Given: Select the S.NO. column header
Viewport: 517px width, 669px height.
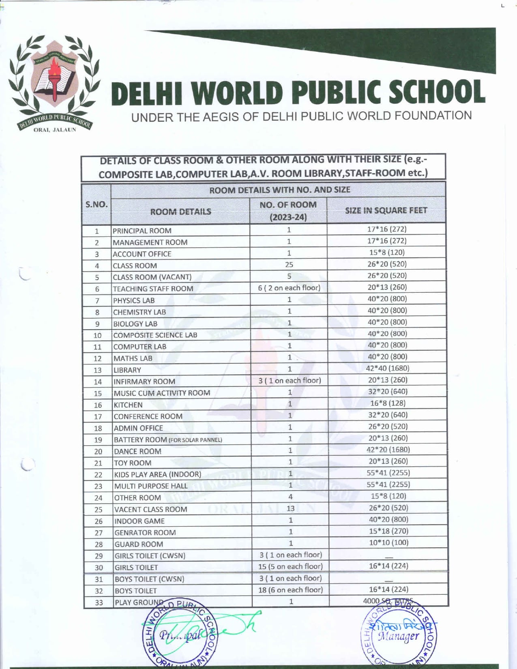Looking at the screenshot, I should click(96, 204).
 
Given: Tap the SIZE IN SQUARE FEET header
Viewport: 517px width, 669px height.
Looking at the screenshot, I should click(386, 210).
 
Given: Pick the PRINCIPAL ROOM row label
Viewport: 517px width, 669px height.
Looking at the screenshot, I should click(142, 231).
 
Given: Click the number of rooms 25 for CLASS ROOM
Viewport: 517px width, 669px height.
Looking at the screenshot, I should click(289, 264).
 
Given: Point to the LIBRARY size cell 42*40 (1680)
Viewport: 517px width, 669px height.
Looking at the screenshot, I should click(388, 368).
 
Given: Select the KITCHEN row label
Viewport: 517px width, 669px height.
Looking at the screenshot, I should click(128, 405).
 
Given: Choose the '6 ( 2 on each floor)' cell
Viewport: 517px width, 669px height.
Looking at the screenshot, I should click(289, 288).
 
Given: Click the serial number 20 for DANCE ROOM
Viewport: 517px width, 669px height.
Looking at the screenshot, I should click(98, 452).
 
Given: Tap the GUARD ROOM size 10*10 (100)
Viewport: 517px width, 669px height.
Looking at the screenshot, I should click(388, 542).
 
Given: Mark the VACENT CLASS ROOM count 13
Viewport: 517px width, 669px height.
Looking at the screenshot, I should click(290, 508).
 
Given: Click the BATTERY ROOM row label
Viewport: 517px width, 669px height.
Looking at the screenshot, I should click(167, 440).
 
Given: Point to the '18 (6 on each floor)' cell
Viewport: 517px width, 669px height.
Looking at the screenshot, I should click(291, 590).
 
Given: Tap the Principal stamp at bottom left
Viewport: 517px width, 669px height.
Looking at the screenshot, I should click(180, 635).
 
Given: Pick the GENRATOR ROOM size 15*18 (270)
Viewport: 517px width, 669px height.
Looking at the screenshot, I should click(388, 531).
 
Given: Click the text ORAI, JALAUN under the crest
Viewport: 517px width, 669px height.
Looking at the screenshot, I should click(55, 130).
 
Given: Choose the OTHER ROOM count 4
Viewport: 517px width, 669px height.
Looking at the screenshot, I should click(290, 497).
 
